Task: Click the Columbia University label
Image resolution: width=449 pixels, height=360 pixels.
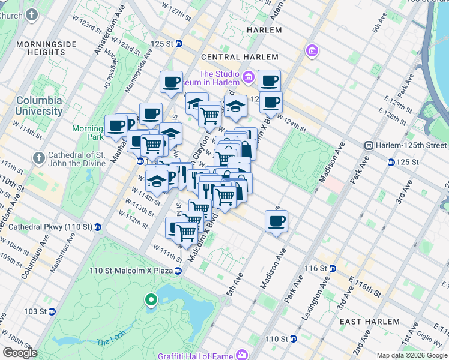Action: click(x=39, y=106)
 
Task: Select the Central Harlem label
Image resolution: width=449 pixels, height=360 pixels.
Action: click(x=235, y=57)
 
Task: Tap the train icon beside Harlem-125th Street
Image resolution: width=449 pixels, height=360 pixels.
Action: click(x=370, y=145)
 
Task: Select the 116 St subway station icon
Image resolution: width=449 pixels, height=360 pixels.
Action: click(x=332, y=268)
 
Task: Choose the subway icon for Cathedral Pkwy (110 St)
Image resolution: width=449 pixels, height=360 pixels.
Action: click(x=98, y=227)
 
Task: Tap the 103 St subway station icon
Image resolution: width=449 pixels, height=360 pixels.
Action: click(x=52, y=311)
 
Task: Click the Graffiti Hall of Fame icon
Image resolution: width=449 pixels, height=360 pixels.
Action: click(x=241, y=355)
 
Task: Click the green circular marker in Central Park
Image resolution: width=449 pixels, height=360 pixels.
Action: click(x=151, y=299)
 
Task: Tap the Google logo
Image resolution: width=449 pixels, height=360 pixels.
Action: click(x=20, y=353)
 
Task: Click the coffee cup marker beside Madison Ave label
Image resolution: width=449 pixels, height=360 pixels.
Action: click(x=276, y=221)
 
